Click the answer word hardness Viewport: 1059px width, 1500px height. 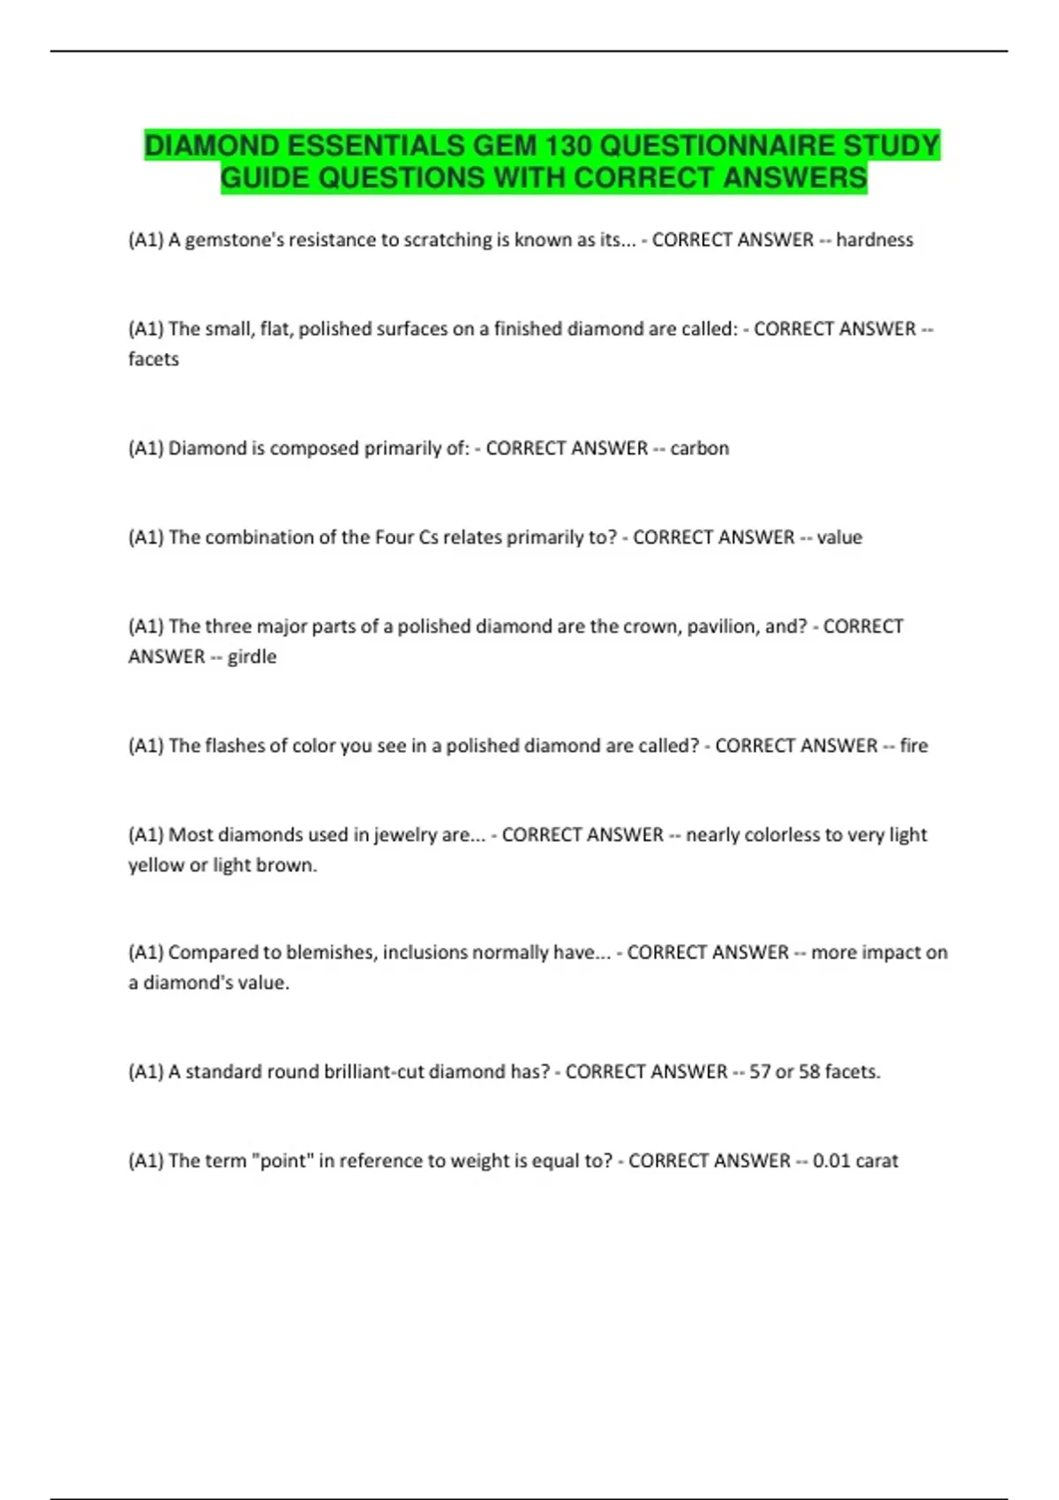click(874, 240)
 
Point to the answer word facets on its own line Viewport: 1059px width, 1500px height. click(154, 359)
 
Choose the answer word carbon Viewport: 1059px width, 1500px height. click(699, 448)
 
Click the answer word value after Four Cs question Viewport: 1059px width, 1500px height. click(839, 537)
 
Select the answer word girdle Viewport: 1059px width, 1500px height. click(252, 656)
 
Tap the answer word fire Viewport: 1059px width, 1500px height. click(913, 746)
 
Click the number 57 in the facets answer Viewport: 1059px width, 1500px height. click(759, 1072)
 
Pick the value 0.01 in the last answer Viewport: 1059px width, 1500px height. click(831, 1161)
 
